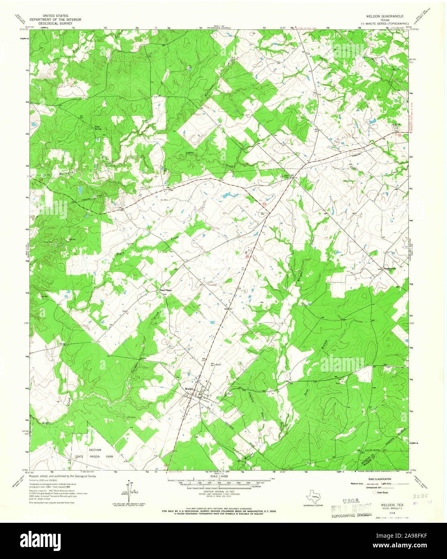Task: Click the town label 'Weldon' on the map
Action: tap(190, 389)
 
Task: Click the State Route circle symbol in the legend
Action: tap(375, 492)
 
